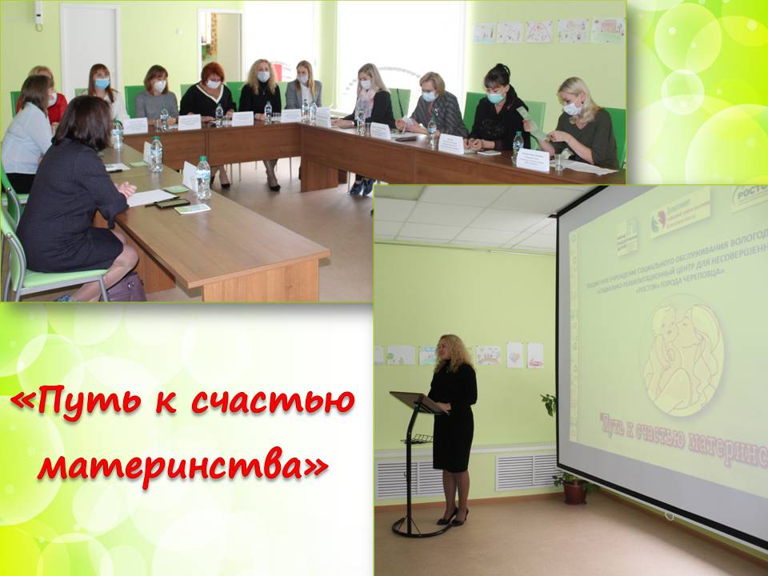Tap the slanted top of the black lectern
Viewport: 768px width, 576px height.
(x=416, y=402)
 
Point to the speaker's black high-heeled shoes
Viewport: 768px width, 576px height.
(x=453, y=517)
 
